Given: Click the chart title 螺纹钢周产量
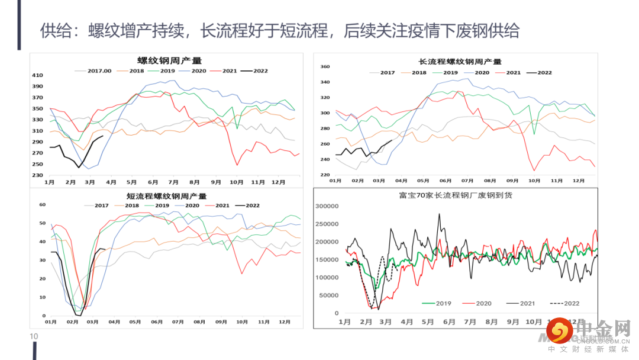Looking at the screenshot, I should tap(169, 60).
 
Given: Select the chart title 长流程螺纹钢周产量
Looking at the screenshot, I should tap(460, 62).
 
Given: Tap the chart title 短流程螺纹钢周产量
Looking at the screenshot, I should tap(167, 196).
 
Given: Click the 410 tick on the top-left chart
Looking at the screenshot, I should tap(37, 75).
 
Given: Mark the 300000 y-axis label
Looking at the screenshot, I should tap(327, 206).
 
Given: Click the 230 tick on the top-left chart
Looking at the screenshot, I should tap(37, 175).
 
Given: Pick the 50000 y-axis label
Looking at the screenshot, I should tap(329, 295).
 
